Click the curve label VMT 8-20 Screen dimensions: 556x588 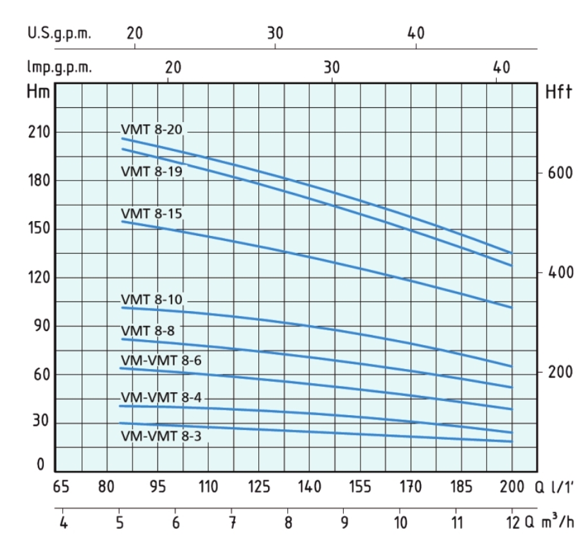tap(152, 129)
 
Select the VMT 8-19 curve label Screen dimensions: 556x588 tap(152, 171)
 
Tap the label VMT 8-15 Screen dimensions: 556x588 tap(152, 213)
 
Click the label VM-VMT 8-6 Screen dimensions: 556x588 tap(161, 360)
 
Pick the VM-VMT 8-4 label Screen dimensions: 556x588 tap(161, 397)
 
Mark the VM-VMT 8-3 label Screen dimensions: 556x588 tap(161, 436)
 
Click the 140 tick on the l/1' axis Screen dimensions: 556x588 tap(310, 487)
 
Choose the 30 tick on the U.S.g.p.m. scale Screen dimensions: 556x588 tap(275, 33)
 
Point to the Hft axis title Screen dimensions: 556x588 tap(558, 93)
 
